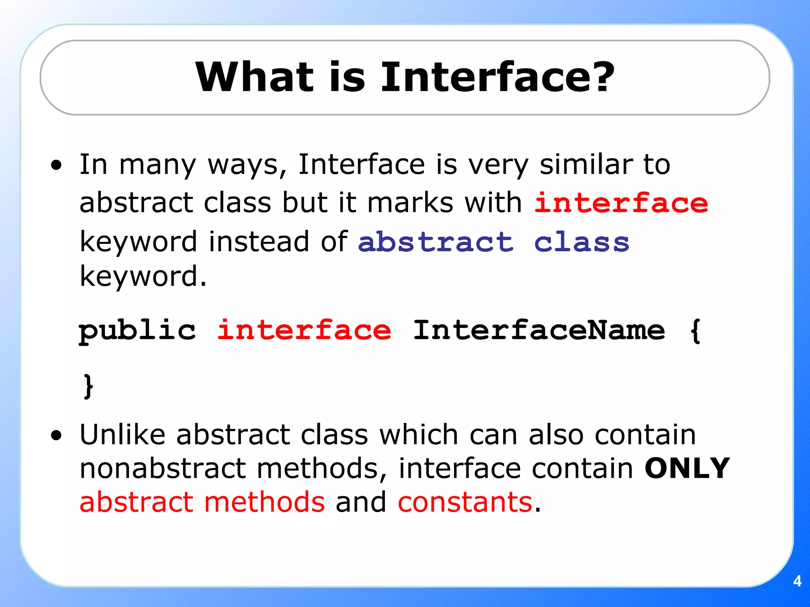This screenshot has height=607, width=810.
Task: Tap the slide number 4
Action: pos(797,581)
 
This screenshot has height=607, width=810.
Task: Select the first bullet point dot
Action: pos(57,165)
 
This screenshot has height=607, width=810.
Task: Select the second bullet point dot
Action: pos(57,435)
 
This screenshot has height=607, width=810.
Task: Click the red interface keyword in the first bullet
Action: pos(621,203)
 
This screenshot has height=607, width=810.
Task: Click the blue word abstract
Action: pos(435,242)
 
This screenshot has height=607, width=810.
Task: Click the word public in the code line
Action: pos(137,330)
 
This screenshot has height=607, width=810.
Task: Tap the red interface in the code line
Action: pos(304,330)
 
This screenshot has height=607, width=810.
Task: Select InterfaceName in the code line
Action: pos(539,330)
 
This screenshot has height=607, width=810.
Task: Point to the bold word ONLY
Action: pos(687,468)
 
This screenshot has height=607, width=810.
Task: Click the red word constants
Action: pos(465,502)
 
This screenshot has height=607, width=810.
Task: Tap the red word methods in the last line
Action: pos(264,502)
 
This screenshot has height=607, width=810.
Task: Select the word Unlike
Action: pos(122,435)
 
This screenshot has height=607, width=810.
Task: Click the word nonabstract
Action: pos(163,468)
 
